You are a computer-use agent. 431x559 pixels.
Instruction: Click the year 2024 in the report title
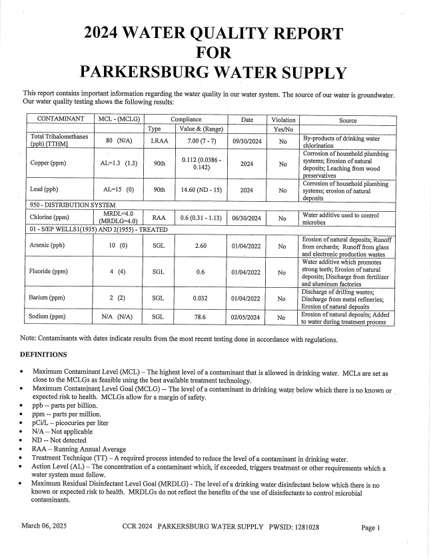pos(113,33)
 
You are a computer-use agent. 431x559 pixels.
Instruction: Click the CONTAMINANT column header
pos(61,120)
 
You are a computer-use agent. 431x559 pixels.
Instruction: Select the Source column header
pos(347,121)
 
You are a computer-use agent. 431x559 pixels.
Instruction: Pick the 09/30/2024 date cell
pos(246,141)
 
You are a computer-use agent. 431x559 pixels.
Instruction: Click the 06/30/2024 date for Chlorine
pos(246,218)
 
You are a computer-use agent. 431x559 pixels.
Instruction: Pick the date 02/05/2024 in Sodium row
pos(246,317)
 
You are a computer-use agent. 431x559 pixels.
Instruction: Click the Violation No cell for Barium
pos(282,298)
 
